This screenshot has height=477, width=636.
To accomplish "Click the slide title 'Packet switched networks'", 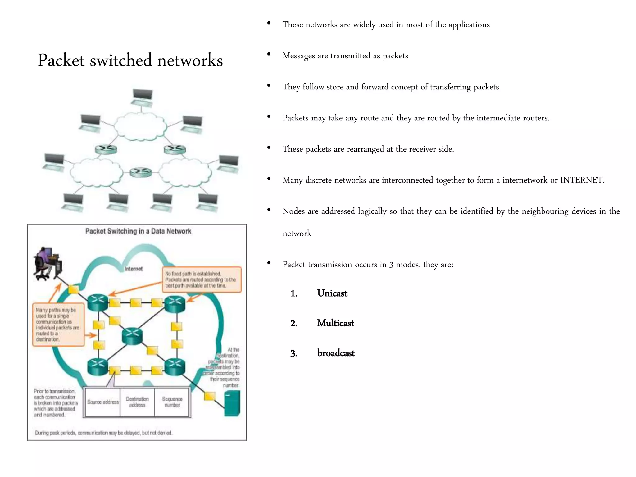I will pyautogui.click(x=130, y=60).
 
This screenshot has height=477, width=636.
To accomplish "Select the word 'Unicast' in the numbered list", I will pyautogui.click(x=332, y=293).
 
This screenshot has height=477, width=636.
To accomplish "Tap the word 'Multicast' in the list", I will pyautogui.click(x=335, y=323).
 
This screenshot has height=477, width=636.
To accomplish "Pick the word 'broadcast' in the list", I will pyautogui.click(x=336, y=353).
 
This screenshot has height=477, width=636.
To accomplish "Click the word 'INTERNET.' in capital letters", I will pyautogui.click(x=582, y=180).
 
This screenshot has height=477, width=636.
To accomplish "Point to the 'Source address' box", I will pyautogui.click(x=103, y=402).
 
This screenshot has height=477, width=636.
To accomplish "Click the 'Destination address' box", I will pyautogui.click(x=137, y=402).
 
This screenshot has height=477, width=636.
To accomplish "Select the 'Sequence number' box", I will pyautogui.click(x=172, y=402).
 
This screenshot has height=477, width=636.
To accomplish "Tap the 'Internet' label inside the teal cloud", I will pyautogui.click(x=134, y=269).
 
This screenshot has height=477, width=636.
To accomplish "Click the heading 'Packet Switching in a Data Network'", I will pyautogui.click(x=138, y=231).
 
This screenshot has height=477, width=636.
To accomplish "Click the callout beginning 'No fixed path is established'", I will pyautogui.click(x=202, y=279).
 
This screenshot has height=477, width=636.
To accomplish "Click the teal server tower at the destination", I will pyautogui.click(x=232, y=403).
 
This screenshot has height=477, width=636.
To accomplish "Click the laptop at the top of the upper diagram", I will pyautogui.click(x=142, y=97).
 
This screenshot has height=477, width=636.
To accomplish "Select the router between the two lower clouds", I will pyautogui.click(x=141, y=172).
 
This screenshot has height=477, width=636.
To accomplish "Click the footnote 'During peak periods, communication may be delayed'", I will pyautogui.click(x=103, y=433).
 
